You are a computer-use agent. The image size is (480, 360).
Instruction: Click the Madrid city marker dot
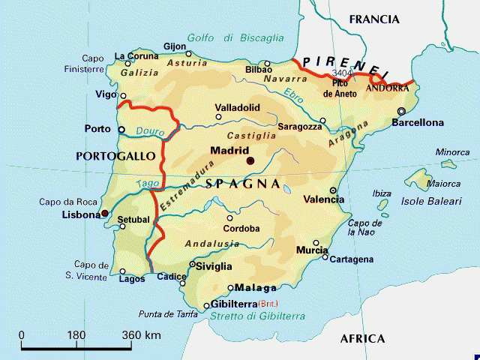pos(250,160)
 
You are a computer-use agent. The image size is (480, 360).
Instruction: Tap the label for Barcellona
pos(418,122)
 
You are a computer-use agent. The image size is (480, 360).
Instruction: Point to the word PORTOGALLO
pos(115,155)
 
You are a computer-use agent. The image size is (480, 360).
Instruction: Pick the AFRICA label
pos(362,339)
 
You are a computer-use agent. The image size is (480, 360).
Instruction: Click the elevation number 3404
pos(341,73)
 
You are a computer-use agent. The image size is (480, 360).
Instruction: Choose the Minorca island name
pos(452,152)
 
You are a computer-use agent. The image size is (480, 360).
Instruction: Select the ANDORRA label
pos(387,88)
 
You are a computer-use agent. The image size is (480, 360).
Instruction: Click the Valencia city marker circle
pos(333,190)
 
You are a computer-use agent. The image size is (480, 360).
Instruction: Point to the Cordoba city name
pos(241,229)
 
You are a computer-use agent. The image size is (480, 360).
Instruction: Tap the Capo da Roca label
pos(69,201)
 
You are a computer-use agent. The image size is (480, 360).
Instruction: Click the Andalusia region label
pos(211,244)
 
